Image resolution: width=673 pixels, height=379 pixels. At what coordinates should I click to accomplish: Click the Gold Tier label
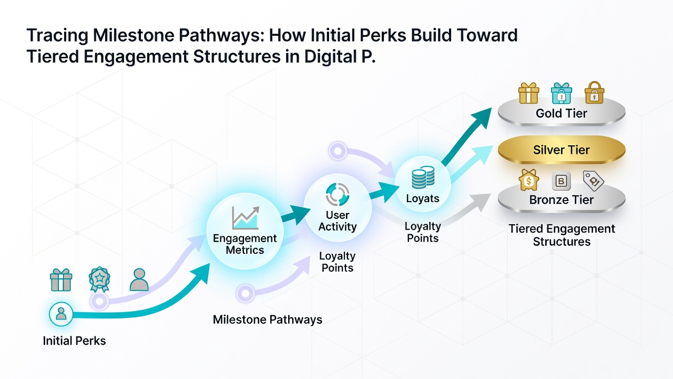click(561, 113)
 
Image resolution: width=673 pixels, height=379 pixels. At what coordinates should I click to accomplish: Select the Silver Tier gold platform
click(561, 149)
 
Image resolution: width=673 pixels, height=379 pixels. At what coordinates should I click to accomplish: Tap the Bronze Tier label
click(561, 200)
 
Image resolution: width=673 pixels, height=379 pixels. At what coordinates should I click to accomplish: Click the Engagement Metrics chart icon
click(246, 218)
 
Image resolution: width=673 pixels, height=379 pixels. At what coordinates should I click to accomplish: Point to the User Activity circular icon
click(338, 195)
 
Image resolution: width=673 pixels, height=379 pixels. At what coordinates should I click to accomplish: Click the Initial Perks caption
click(74, 341)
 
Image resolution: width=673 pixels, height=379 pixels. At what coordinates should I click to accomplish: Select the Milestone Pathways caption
click(268, 320)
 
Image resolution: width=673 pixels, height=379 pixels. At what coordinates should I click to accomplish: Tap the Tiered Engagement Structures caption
click(562, 235)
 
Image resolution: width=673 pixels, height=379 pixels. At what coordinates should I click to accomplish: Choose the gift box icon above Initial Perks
click(61, 280)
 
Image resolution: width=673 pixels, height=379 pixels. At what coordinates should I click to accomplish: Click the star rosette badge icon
click(99, 280)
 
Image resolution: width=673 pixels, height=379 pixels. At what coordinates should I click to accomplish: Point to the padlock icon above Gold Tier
click(594, 93)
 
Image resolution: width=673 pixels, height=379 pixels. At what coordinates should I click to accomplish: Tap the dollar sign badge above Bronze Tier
click(528, 180)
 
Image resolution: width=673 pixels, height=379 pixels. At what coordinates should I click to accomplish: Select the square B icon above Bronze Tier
click(561, 181)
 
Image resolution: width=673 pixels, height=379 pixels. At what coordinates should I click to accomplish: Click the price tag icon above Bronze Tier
click(594, 181)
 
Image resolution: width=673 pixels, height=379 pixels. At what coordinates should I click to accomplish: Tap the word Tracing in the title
click(57, 35)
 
